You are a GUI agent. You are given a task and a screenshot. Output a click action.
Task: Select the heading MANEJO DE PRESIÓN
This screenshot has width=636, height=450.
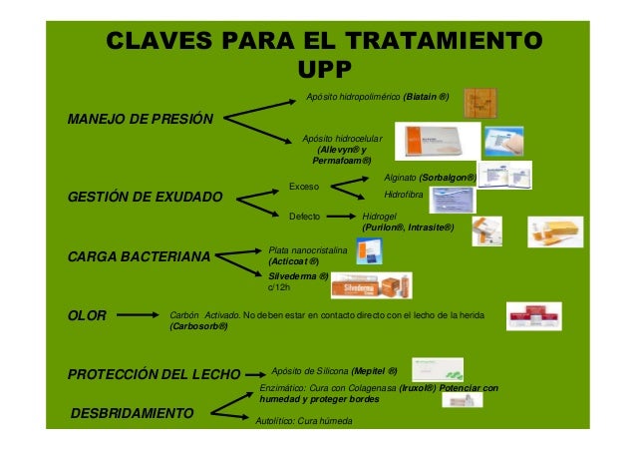(140, 119)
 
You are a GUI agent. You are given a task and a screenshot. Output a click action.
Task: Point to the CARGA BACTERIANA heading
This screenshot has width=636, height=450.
(139, 257)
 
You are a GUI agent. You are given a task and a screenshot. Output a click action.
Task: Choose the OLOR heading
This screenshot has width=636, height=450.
(87, 317)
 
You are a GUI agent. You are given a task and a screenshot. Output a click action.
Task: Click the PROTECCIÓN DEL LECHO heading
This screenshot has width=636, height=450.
(154, 375)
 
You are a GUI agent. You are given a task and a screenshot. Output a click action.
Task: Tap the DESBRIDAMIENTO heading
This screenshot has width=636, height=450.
(133, 412)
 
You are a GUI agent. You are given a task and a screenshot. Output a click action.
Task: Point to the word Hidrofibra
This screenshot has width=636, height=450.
(405, 196)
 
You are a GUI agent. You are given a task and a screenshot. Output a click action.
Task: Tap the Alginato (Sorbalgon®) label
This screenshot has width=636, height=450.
(430, 177)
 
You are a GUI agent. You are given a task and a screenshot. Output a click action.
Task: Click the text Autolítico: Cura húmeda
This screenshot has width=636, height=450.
(304, 420)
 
